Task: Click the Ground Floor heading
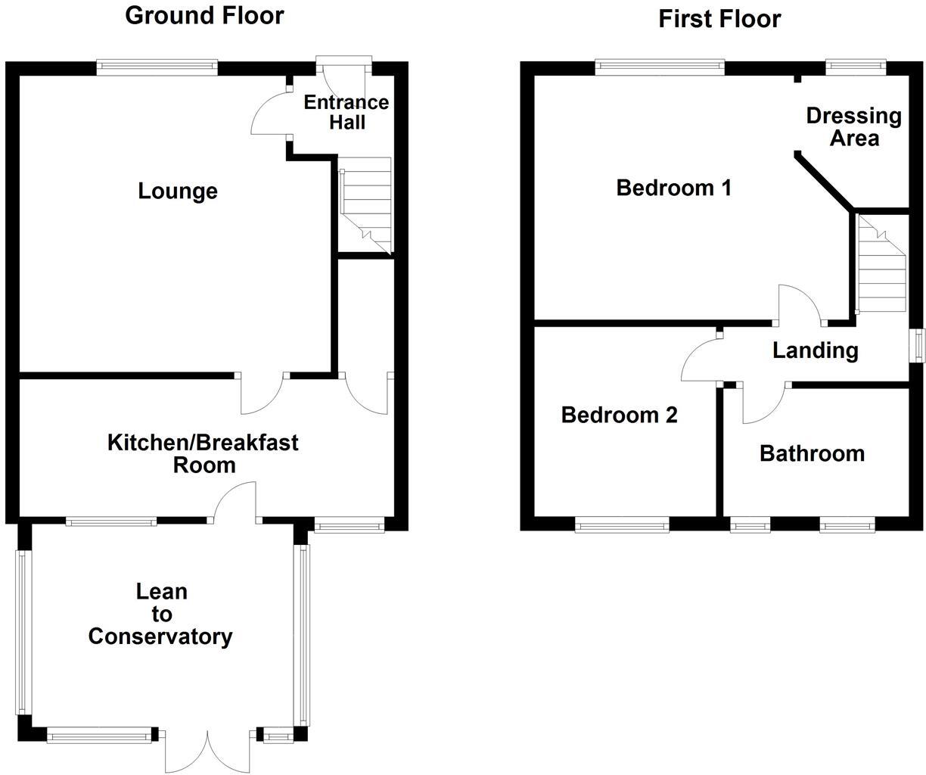pyautogui.click(x=204, y=15)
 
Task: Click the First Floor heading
pyautogui.click(x=719, y=18)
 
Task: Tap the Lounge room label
pyautogui.click(x=178, y=191)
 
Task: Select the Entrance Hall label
pyautogui.click(x=346, y=112)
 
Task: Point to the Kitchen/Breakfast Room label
pyautogui.click(x=203, y=453)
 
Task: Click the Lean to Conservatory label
pyautogui.click(x=160, y=615)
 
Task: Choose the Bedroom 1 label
pyautogui.click(x=673, y=187)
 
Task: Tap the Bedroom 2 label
pyautogui.click(x=619, y=415)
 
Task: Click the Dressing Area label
pyautogui.click(x=853, y=127)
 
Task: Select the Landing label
pyautogui.click(x=815, y=350)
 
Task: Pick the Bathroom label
pyautogui.click(x=812, y=453)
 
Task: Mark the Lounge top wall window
pyautogui.click(x=157, y=67)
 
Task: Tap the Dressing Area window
pyautogui.click(x=856, y=67)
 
